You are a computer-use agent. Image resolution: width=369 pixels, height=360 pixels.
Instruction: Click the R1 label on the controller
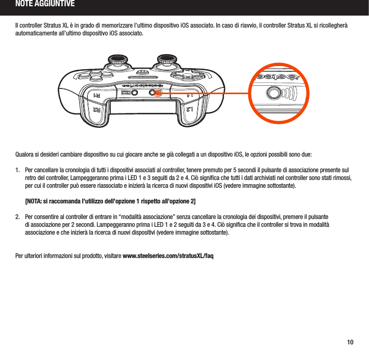pos(97,96)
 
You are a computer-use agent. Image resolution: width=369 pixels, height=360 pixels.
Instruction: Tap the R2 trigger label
pos(97,110)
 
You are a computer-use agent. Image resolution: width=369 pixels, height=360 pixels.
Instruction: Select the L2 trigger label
pos(191,110)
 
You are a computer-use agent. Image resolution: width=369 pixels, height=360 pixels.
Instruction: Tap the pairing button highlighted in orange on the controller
pos(154,93)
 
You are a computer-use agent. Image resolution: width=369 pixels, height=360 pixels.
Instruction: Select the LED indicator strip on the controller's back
pos(124,93)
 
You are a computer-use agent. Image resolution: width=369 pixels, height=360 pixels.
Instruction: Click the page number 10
pos(351,342)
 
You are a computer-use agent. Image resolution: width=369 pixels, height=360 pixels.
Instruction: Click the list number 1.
pos(18,170)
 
